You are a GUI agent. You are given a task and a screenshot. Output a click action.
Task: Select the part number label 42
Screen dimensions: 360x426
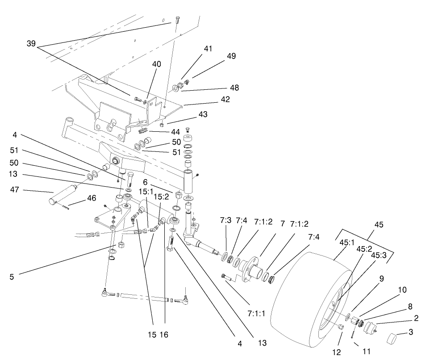point(225,100)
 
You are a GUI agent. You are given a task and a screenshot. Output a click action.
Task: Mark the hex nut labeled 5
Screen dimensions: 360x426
point(121,246)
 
